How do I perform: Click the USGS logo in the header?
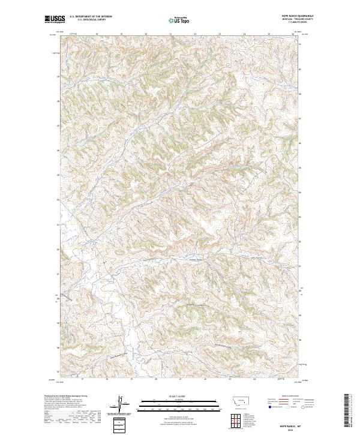click(55, 19)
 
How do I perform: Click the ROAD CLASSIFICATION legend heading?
click(291, 396)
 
